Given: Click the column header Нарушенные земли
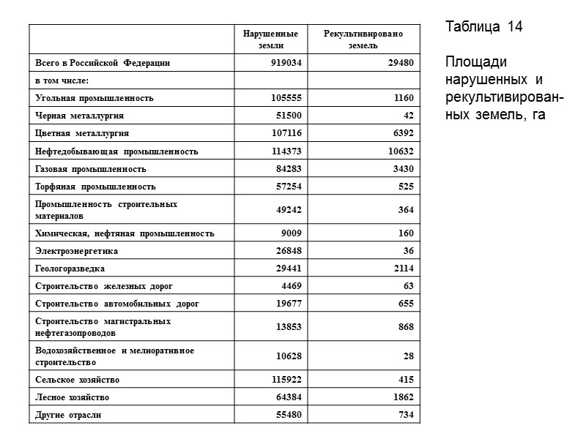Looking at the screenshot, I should click(x=271, y=40).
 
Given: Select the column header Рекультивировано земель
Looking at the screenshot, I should click(x=363, y=40).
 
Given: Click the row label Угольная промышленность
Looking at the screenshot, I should click(x=94, y=98).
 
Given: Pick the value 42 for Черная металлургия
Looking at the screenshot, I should click(x=408, y=116).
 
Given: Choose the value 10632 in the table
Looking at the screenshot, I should click(x=399, y=151).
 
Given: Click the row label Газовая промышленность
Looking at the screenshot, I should click(x=91, y=169).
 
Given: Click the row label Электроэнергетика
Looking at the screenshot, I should click(x=77, y=251).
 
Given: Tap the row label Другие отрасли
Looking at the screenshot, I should click(x=69, y=415).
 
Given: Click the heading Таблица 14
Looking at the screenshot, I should click(x=483, y=28).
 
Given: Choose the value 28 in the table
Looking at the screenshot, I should click(x=408, y=356).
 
